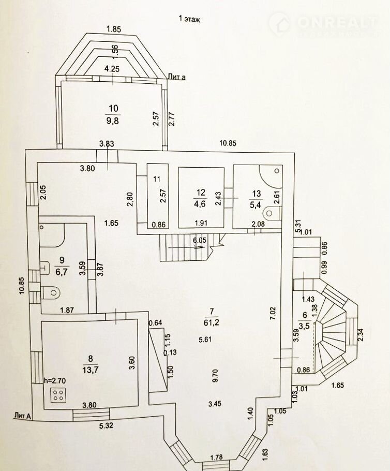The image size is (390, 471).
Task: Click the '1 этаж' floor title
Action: tap(189, 19)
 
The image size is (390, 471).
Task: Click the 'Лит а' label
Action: tap(177, 77)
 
